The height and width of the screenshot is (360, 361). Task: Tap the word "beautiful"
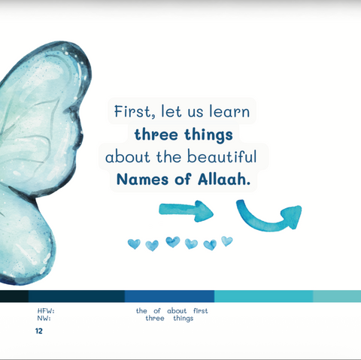224,158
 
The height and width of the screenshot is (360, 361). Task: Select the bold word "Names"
144,181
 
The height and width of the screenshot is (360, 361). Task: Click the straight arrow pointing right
187,211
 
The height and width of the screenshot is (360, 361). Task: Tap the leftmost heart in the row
134,244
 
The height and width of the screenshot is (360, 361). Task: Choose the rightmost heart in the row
226,241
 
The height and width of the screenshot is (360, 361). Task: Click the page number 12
39,331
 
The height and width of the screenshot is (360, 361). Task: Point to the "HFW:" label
45,310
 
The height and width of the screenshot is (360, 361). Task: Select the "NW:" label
44,318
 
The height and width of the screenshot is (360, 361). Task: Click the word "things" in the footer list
183,318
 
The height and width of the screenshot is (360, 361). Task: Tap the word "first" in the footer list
199,310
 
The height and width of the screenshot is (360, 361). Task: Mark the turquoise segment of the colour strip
263,296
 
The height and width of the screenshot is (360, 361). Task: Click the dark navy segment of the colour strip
75,296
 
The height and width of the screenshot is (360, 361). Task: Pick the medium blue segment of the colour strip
169,296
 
